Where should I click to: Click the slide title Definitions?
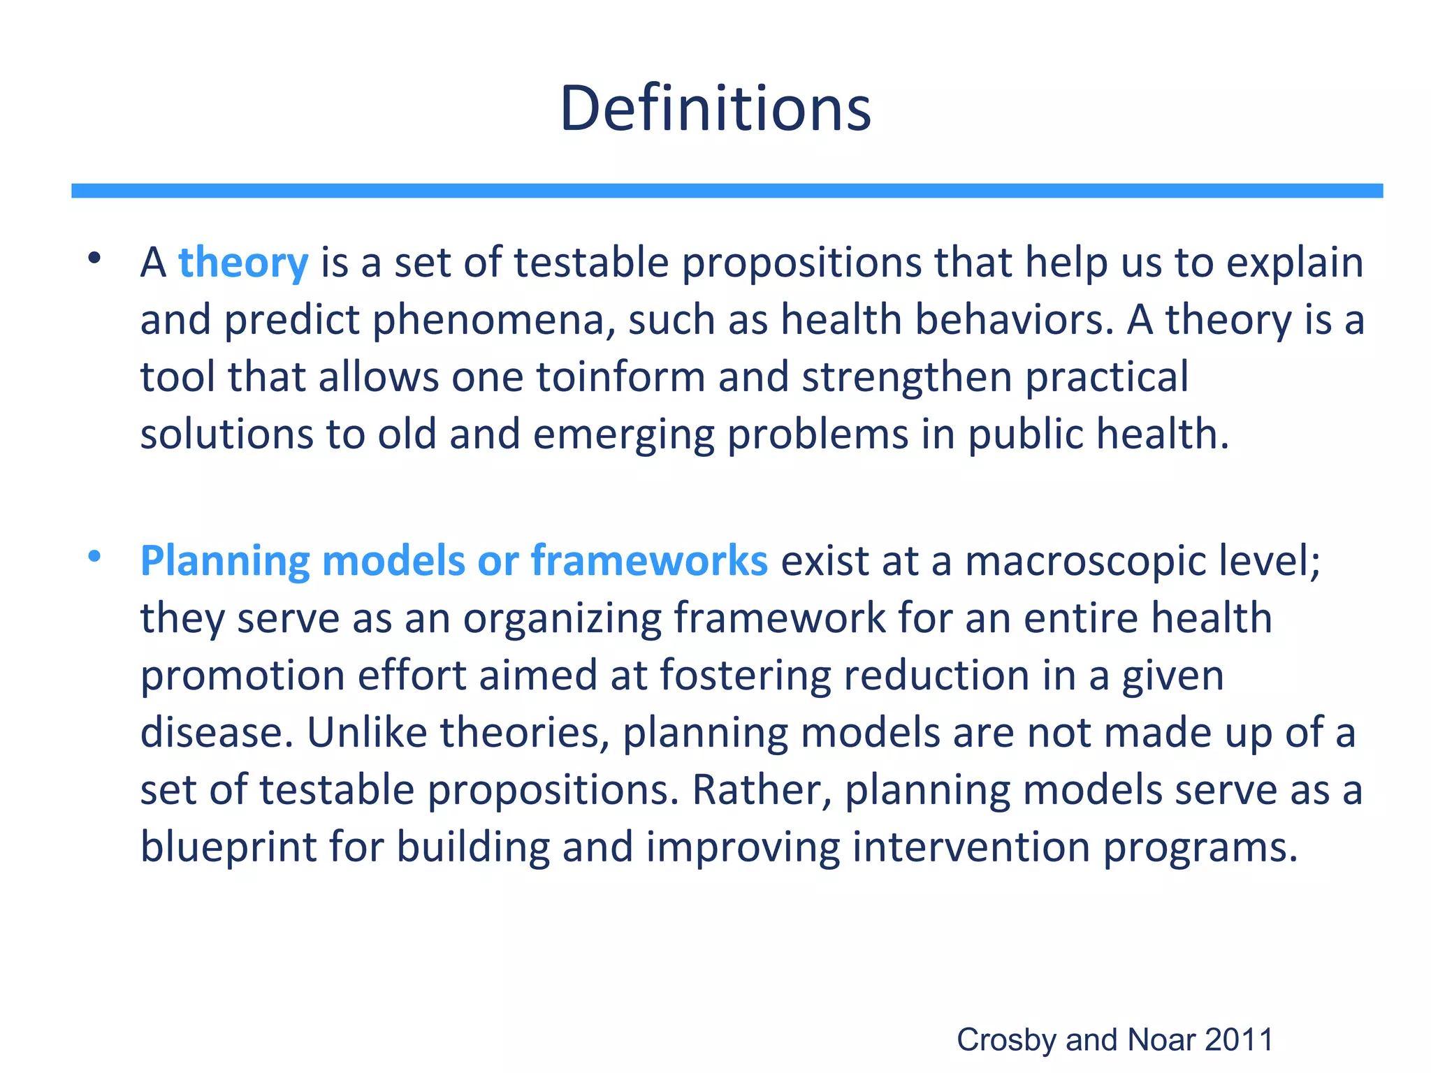(x=715, y=109)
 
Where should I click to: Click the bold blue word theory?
(x=243, y=263)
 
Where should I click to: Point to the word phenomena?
(x=493, y=321)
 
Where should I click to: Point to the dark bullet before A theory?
(x=94, y=259)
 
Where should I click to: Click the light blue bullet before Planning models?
(x=94, y=557)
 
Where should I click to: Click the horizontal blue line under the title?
(x=727, y=191)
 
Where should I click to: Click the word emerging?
(x=623, y=435)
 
